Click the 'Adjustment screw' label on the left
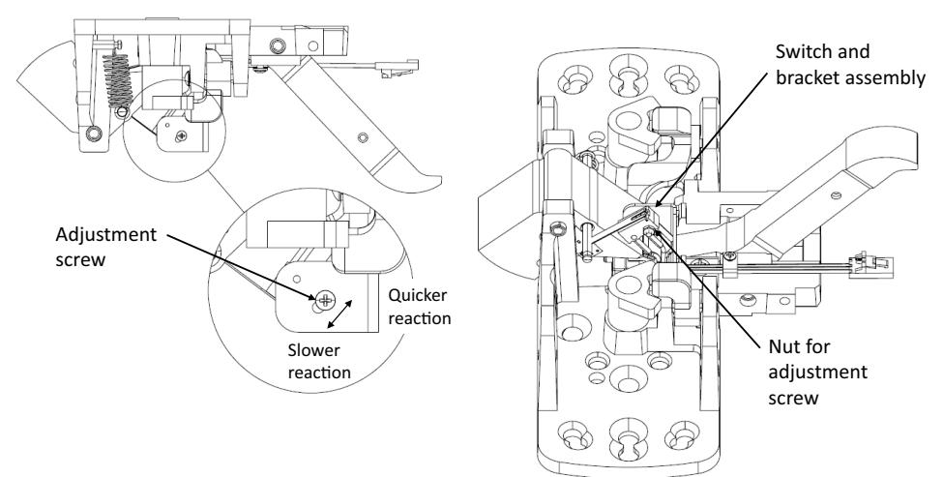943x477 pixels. (105, 247)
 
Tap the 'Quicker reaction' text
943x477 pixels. (419, 307)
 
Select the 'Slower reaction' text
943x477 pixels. (319, 361)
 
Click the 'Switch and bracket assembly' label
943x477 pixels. (850, 65)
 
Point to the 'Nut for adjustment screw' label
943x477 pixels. (818, 372)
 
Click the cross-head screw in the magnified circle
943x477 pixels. (325, 298)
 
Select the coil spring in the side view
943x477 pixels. (117, 80)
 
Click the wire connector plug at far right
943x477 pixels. (870, 265)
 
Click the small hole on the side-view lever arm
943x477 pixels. (363, 137)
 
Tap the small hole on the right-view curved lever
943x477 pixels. (836, 195)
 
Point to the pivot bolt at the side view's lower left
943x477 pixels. (93, 133)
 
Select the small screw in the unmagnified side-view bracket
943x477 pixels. (181, 136)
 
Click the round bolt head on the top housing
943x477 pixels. (278, 45)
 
